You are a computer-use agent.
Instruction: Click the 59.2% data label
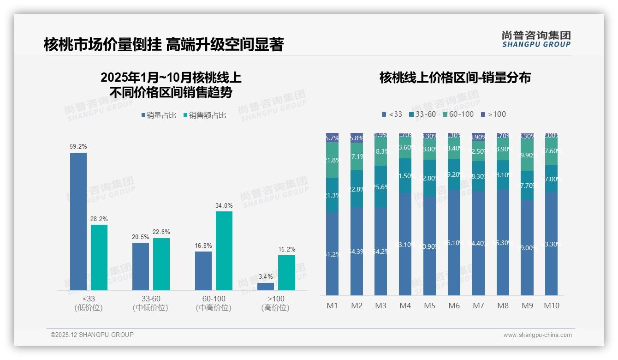point(78,147)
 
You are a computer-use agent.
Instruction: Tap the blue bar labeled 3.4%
point(266,287)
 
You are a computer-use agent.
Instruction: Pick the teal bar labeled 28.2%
point(99,258)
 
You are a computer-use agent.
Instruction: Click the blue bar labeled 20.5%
point(141,266)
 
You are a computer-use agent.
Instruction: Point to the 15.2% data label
point(286,250)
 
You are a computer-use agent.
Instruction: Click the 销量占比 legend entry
point(159,115)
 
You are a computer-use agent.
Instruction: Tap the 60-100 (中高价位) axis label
point(214,303)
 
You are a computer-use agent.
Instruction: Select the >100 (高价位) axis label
point(276,303)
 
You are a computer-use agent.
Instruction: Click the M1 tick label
point(332,306)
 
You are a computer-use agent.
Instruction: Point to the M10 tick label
point(551,306)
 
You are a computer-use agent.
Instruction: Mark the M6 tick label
point(454,306)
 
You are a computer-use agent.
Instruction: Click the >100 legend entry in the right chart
point(493,114)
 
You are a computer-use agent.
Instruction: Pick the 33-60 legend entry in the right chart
point(422,114)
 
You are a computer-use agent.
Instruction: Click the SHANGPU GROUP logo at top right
point(536,39)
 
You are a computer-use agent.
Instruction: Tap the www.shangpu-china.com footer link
point(537,335)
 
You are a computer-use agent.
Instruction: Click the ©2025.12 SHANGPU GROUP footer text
point(92,335)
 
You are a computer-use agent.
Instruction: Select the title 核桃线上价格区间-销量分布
point(455,78)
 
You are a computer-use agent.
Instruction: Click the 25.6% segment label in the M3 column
point(380,187)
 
